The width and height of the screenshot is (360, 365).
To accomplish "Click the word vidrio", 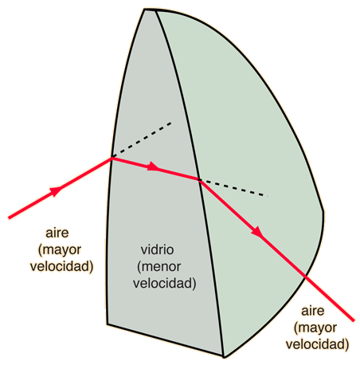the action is (x=157, y=249).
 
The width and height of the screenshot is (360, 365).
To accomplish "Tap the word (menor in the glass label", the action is (x=159, y=267).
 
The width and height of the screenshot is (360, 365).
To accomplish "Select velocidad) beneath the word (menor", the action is (x=165, y=284).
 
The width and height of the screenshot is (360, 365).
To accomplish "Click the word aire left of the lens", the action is (x=57, y=233).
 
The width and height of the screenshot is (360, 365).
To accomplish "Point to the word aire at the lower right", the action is (x=313, y=311).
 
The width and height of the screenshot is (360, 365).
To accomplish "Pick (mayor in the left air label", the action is (x=60, y=250).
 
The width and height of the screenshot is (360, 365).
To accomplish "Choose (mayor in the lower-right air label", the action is (x=315, y=328).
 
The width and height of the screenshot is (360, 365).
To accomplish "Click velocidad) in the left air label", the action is (x=62, y=266).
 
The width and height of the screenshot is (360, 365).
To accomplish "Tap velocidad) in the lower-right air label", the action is (x=317, y=344).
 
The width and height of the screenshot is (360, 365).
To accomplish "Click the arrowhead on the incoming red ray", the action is (x=57, y=190).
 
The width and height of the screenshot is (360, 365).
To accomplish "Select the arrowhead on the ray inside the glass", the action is (x=154, y=167).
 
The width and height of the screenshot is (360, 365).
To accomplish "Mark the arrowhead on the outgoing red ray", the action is (x=257, y=232).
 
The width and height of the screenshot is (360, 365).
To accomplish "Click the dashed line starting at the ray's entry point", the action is (x=142, y=139).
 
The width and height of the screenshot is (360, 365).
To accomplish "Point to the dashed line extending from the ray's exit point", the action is (x=233, y=188).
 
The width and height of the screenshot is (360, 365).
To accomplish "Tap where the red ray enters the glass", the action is (x=112, y=158).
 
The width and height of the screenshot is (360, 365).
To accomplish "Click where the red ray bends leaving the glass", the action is (x=200, y=180).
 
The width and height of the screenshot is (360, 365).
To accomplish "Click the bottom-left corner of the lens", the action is (x=108, y=324).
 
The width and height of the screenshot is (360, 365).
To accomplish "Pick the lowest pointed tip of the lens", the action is (x=224, y=356).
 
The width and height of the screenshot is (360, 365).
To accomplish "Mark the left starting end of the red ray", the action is (x=9, y=218).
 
